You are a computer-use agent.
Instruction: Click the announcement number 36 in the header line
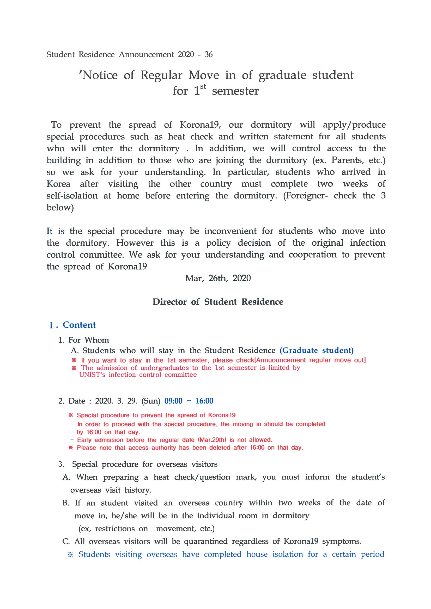click(x=209, y=54)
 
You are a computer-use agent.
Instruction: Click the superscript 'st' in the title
click(x=203, y=86)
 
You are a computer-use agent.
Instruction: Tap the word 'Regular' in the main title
click(x=161, y=75)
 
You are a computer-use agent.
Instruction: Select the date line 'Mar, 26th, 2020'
click(x=218, y=278)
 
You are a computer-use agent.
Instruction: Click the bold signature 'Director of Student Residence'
click(x=218, y=302)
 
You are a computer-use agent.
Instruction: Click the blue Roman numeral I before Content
click(x=51, y=325)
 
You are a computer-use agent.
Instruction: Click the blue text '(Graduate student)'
click(x=317, y=350)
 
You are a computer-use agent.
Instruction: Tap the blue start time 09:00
click(x=173, y=401)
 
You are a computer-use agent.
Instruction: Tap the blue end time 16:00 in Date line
click(x=204, y=401)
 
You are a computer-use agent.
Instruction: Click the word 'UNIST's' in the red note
click(x=92, y=375)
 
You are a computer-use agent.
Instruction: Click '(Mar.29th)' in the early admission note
click(x=212, y=440)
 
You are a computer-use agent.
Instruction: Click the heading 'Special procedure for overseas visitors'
click(x=145, y=464)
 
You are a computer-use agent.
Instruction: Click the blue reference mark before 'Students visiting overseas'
click(x=70, y=554)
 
